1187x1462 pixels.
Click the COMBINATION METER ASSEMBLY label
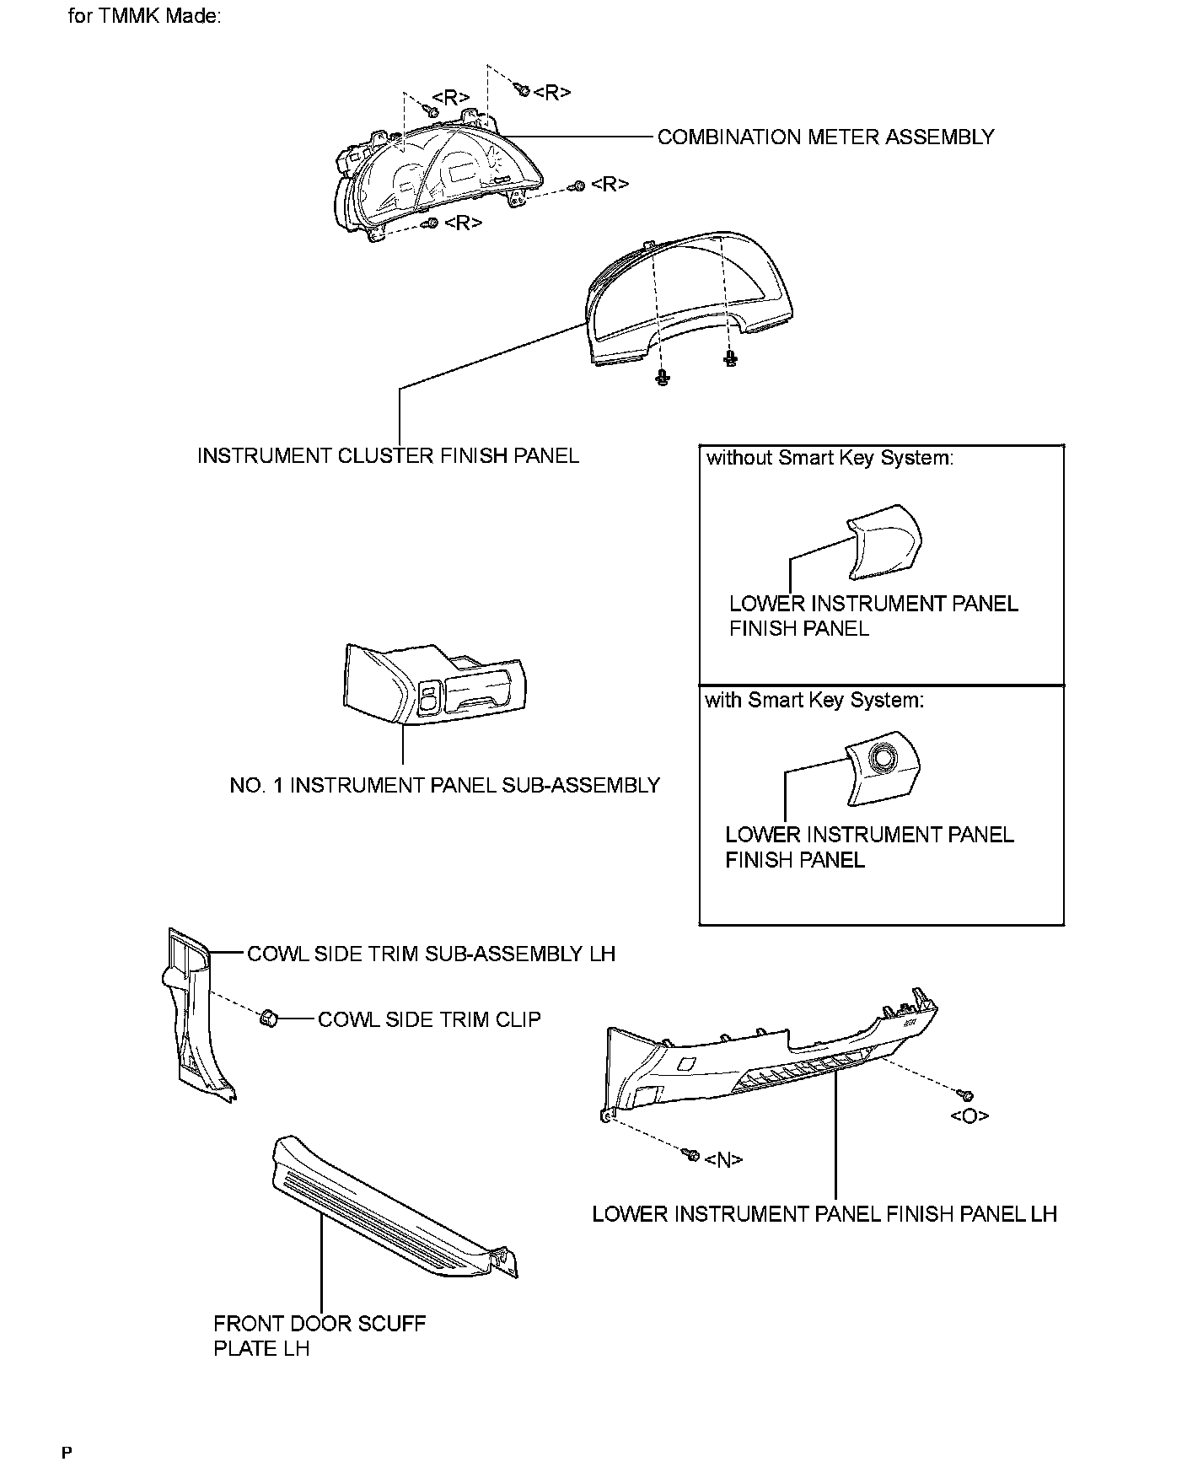[x=825, y=137]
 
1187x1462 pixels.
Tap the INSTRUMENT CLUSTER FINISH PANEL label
[x=388, y=456]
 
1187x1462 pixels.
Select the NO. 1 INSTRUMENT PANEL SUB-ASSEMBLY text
[x=444, y=786]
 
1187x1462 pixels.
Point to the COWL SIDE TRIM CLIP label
[x=429, y=1019]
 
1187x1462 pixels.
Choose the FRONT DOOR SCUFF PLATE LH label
[x=320, y=1336]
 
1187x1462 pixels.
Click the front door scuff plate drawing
[x=388, y=1214]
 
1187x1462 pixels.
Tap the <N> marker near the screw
[x=723, y=1160]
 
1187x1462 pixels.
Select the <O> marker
[x=969, y=1116]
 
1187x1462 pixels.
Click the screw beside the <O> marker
[x=968, y=1095]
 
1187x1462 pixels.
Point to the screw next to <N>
[x=691, y=1153]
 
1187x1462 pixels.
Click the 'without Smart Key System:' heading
[x=830, y=458]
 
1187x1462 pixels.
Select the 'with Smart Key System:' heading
[x=814, y=700]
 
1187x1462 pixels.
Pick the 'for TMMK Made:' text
[x=144, y=17]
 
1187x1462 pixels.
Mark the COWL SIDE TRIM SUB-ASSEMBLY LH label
[x=431, y=954]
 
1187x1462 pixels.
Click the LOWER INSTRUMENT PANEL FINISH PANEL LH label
[x=824, y=1214]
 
